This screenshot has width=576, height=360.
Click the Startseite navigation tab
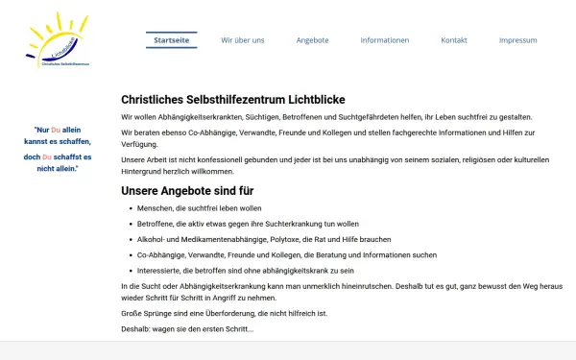172,40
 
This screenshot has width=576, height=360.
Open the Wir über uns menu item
242,40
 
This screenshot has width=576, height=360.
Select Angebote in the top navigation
312,40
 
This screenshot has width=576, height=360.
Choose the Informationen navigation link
384,40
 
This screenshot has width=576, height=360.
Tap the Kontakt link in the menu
454,40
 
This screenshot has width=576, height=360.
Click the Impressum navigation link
517,40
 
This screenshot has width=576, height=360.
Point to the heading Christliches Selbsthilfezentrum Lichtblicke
233,100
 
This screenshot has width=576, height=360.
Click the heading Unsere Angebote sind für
200,190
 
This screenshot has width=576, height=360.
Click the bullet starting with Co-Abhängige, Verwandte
274,254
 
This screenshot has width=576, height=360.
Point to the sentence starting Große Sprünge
225,314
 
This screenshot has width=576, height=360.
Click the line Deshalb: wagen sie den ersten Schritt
187,329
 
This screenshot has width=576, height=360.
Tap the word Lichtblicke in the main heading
312,100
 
